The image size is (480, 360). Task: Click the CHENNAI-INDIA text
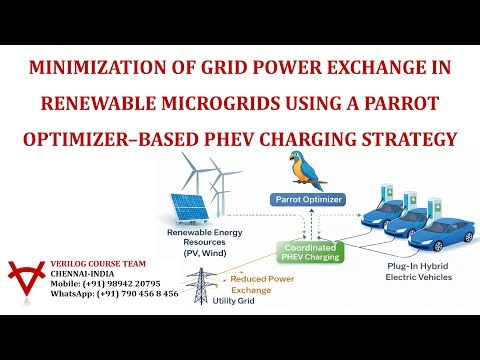click(79, 273)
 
